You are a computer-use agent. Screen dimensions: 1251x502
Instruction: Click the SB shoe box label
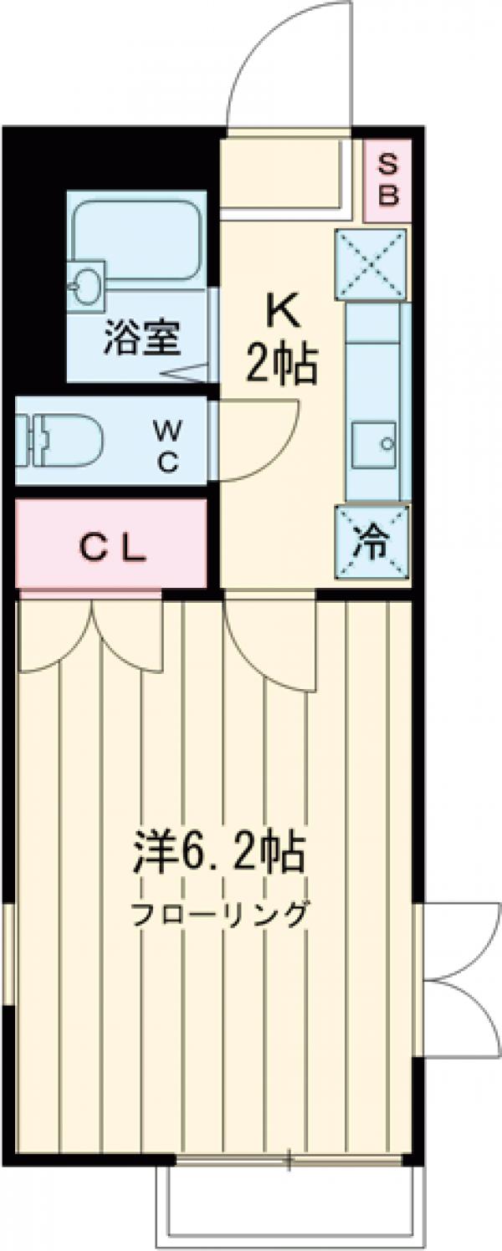pyautogui.click(x=388, y=180)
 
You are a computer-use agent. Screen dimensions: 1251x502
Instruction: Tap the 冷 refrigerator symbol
pyautogui.click(x=372, y=543)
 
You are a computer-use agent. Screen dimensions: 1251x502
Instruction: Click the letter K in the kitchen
pyautogui.click(x=281, y=314)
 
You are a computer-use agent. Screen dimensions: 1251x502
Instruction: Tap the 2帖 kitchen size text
pyautogui.click(x=281, y=365)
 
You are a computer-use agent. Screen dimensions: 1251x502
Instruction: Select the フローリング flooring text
pyautogui.click(x=219, y=914)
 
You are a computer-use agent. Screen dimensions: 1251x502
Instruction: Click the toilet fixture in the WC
pyautogui.click(x=59, y=440)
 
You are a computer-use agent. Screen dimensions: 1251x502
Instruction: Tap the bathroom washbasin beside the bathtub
pyautogui.click(x=86, y=285)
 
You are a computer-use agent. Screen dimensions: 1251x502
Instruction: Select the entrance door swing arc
pyautogui.click(x=284, y=59)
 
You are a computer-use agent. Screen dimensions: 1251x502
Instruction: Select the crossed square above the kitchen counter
pyautogui.click(x=372, y=264)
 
